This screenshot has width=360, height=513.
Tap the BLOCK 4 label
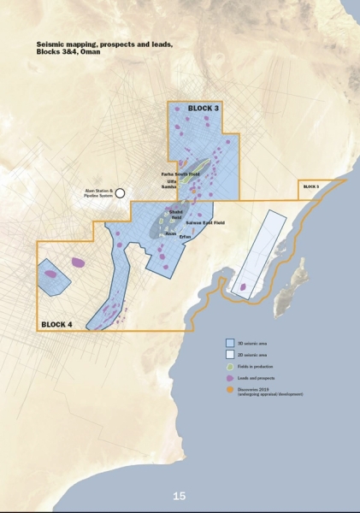57,324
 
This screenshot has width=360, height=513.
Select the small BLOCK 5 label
310,186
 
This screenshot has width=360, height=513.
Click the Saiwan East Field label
204,222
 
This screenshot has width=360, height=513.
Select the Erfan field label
185,236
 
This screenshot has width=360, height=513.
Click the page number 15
179,496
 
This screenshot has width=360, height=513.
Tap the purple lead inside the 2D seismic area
245,287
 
